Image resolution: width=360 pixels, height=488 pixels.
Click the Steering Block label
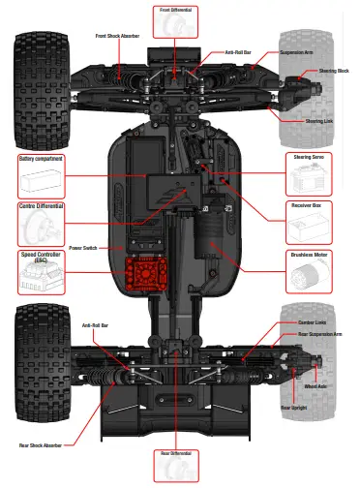(334, 71)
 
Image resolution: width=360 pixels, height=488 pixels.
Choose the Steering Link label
(320, 121)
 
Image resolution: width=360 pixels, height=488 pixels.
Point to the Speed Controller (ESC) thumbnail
(40, 280)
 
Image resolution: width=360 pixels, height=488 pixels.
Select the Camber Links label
(313, 321)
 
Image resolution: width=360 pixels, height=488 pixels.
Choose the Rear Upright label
(293, 408)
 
